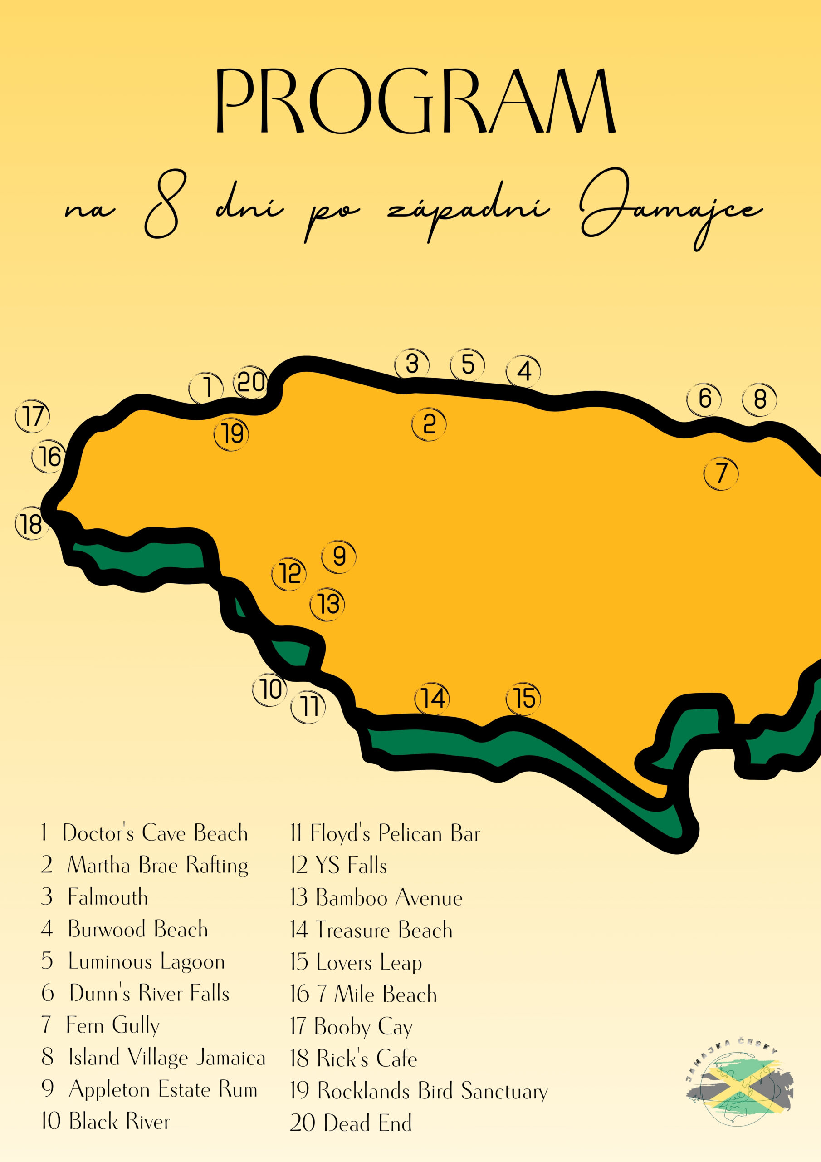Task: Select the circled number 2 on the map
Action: click(429, 424)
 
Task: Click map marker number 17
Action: click(33, 416)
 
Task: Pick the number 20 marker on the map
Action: click(251, 382)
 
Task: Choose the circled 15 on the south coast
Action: click(523, 699)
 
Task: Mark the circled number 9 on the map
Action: click(339, 556)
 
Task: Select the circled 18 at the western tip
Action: click(32, 524)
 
